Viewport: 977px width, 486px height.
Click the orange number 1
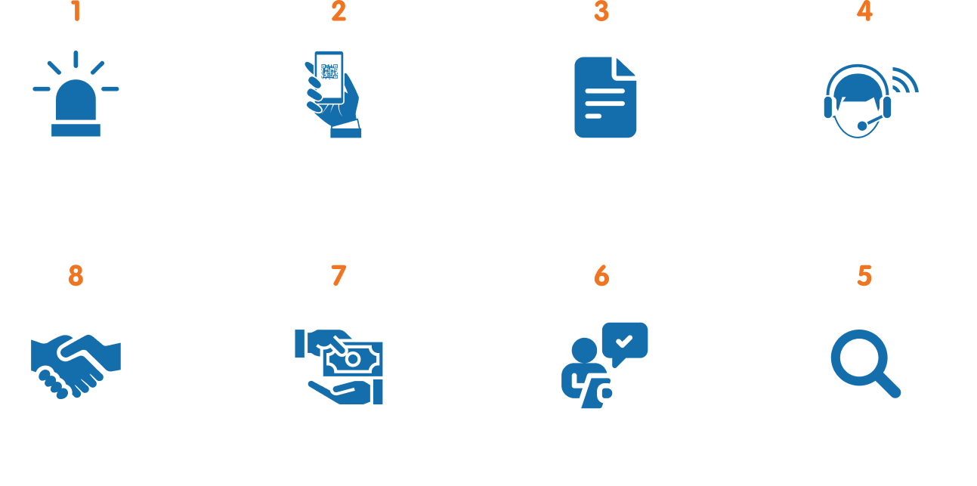point(76,11)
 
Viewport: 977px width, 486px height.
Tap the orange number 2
point(339,11)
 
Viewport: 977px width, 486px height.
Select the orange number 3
point(601,11)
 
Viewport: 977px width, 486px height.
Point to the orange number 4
point(864,11)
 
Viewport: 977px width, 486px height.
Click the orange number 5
point(864,276)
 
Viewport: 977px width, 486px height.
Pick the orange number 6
point(601,276)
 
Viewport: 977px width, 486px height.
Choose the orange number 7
point(339,276)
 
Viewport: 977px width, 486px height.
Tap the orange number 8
point(76,276)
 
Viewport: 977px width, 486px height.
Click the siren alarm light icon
point(76,94)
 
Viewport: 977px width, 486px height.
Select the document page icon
point(605,98)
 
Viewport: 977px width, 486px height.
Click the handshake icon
point(76,367)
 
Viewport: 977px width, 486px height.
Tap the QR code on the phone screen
point(329,72)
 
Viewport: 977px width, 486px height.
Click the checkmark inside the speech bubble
point(624,341)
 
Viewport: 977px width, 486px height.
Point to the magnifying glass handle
point(888,385)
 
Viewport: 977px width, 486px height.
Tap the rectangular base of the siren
point(76,130)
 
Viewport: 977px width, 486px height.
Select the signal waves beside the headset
point(905,80)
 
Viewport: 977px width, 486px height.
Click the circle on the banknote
point(353,360)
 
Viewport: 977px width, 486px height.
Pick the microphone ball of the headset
point(862,126)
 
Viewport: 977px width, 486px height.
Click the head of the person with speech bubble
point(584,350)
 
